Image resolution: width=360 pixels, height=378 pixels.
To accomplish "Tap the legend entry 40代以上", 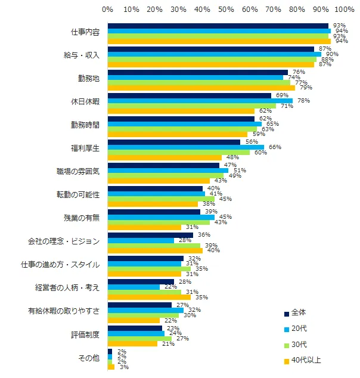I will (x=304, y=360).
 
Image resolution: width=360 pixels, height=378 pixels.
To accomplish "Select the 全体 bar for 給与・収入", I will (x=210, y=49).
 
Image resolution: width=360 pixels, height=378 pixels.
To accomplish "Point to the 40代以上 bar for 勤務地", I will (x=201, y=88).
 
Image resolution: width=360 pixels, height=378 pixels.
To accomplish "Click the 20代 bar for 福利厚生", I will (x=185, y=147).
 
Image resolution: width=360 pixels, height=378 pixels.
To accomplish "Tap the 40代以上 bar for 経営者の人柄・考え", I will (x=149, y=297).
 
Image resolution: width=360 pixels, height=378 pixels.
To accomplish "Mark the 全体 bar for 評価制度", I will (x=135, y=328).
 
